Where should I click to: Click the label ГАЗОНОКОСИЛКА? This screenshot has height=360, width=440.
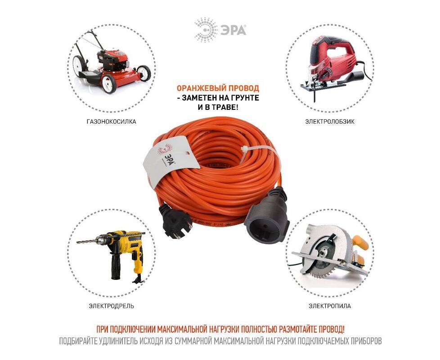[x=112, y=122]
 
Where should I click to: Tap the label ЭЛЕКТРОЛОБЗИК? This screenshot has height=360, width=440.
[x=330, y=122]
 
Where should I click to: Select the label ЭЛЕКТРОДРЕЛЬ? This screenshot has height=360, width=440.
[x=112, y=306]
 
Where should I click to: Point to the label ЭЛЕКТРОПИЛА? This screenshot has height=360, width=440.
[x=330, y=306]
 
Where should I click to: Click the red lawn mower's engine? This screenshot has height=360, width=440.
[x=111, y=60]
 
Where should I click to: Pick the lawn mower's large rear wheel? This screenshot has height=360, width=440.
[x=108, y=84]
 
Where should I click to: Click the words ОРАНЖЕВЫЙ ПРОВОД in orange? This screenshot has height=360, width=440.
[x=218, y=88]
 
